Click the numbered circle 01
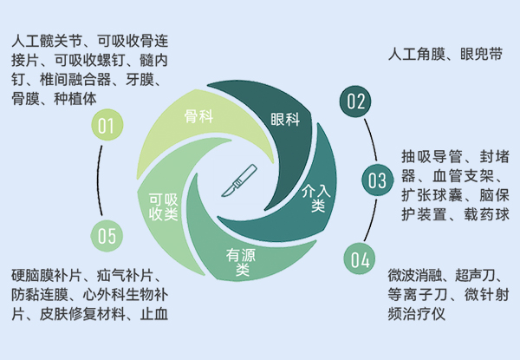(x=107, y=125)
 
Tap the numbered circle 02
(x=355, y=101)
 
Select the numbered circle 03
(x=377, y=180)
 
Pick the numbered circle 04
(x=360, y=259)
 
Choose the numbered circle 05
(x=107, y=236)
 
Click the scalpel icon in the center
(x=239, y=180)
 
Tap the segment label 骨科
(x=199, y=116)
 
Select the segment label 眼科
(x=285, y=120)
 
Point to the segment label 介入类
(x=316, y=198)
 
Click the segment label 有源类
(x=241, y=262)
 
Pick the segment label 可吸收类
(x=164, y=207)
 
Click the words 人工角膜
(x=417, y=54)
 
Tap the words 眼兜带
(x=481, y=54)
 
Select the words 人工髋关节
(x=47, y=41)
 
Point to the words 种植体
(x=75, y=99)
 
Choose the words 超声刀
(x=475, y=275)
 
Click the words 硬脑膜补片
(x=47, y=275)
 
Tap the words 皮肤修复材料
(x=82, y=314)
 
